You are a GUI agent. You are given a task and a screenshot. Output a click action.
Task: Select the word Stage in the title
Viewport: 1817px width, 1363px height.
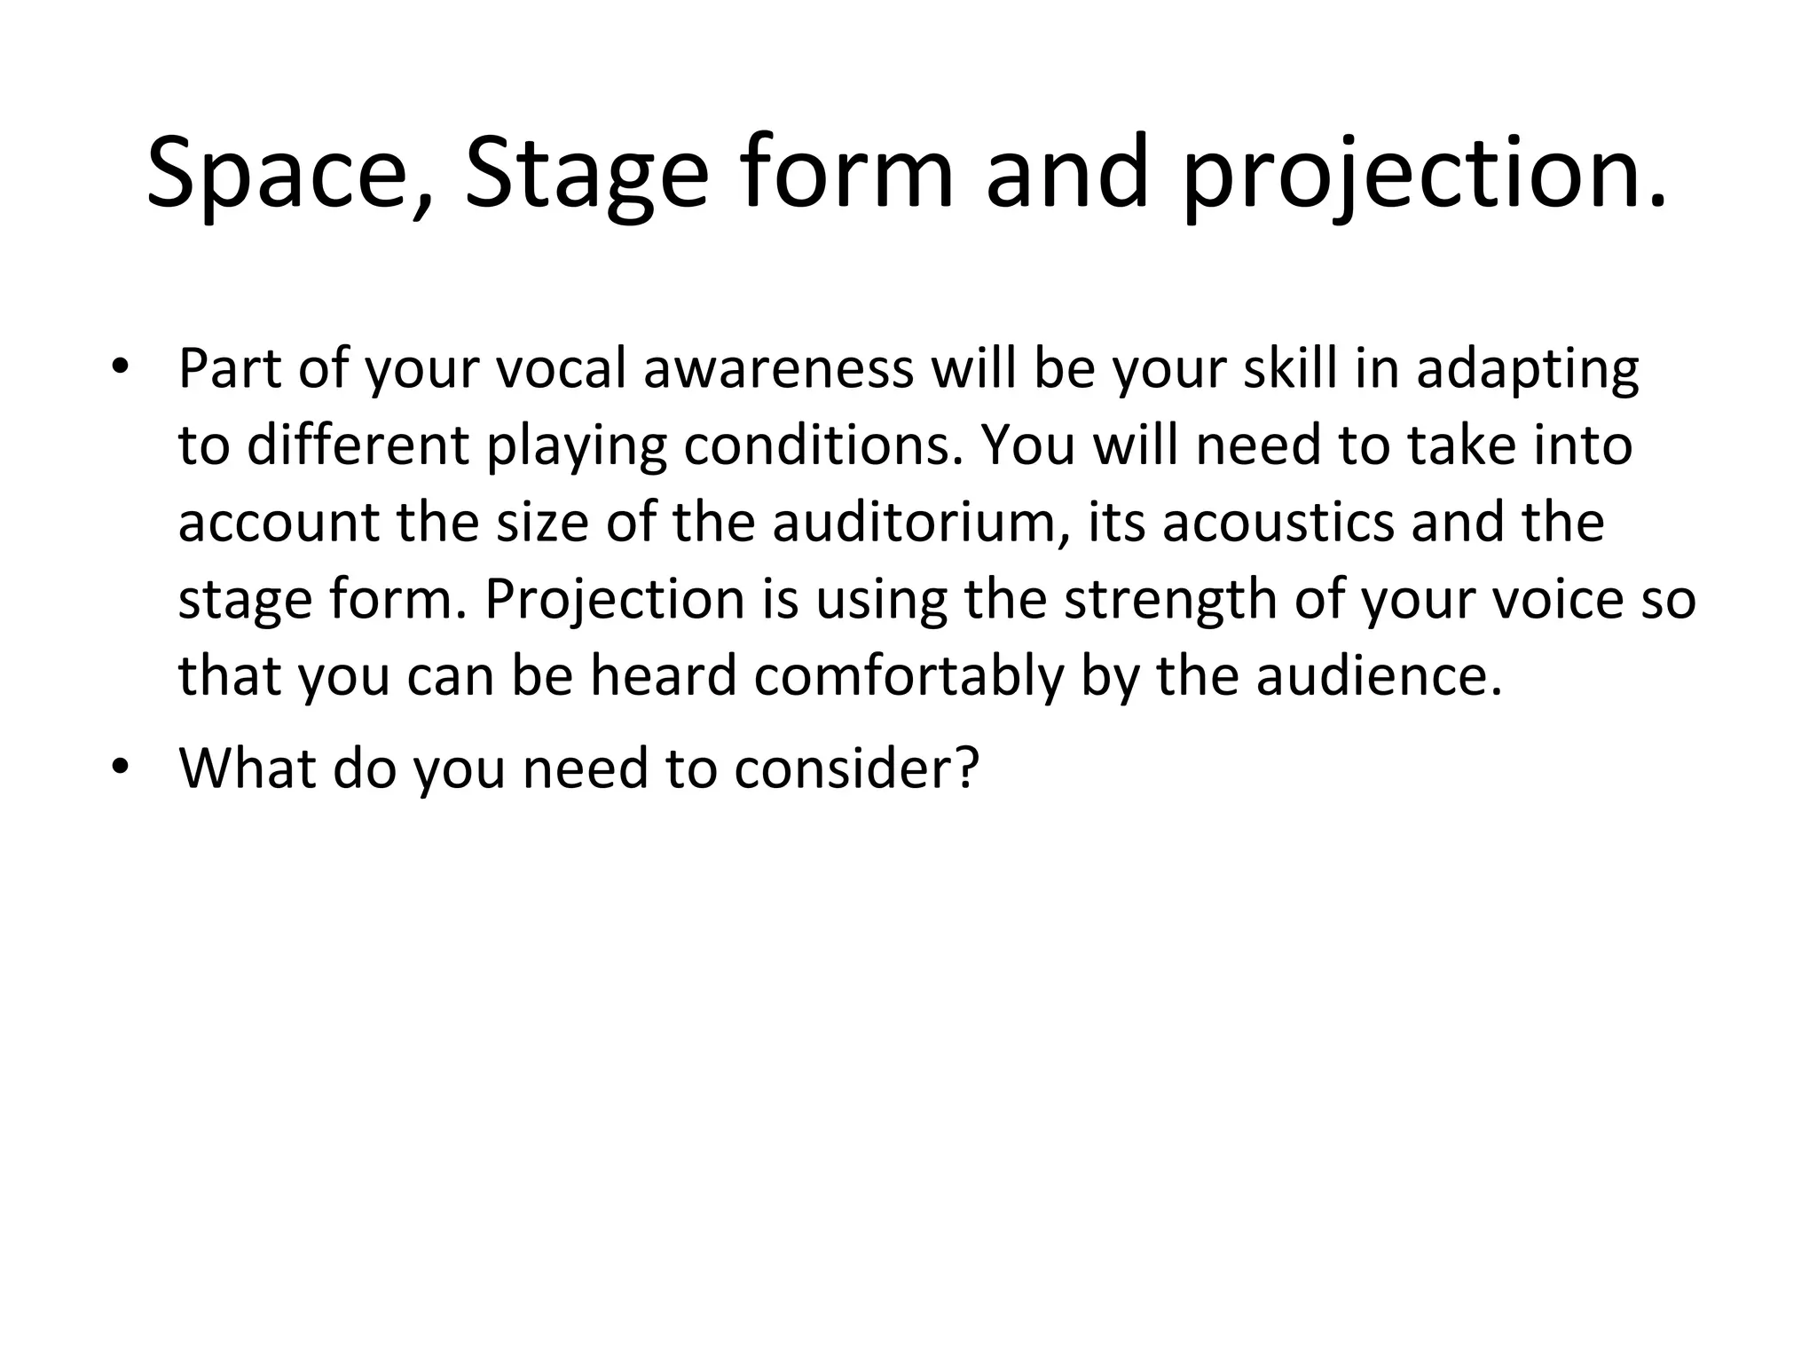pyautogui.click(x=586, y=173)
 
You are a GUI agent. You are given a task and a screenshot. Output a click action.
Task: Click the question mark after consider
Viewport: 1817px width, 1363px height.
pyautogui.click(x=968, y=767)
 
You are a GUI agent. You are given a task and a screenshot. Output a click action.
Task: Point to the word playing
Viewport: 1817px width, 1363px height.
pyautogui.click(x=576, y=445)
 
